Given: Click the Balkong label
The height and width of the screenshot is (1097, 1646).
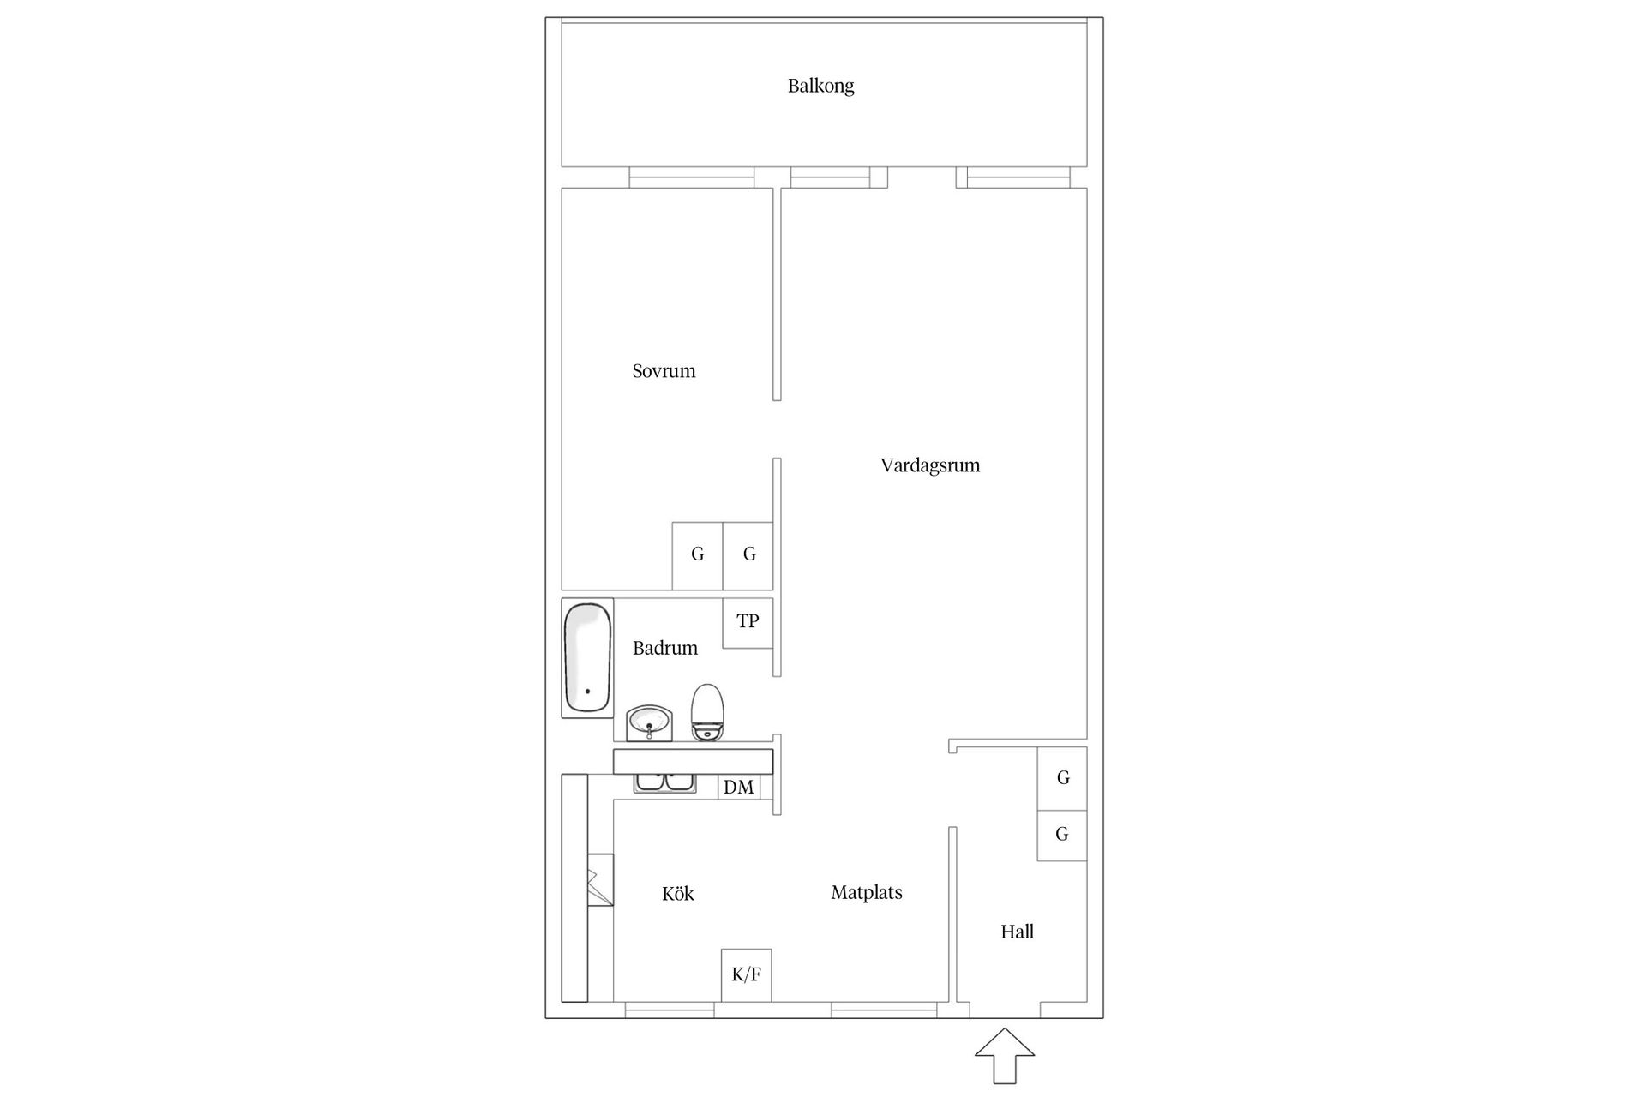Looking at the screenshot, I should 820,86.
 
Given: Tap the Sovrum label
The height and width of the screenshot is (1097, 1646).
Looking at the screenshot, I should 664,371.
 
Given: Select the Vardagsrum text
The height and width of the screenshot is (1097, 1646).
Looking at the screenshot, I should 929,465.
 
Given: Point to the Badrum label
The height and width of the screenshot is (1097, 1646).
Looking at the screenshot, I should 664,648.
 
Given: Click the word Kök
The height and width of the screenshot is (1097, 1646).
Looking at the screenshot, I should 677,894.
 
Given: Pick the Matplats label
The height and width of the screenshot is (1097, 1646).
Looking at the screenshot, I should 866,892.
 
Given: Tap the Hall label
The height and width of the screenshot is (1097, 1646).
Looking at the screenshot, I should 1017,932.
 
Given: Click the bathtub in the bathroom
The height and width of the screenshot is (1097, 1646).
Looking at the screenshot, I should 587,657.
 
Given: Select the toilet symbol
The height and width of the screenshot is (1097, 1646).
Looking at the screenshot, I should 707,711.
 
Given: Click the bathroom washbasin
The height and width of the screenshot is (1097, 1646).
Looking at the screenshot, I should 648,722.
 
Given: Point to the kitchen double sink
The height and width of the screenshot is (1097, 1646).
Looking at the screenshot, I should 664,782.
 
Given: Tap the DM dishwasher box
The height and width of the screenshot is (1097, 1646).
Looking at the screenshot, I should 738,787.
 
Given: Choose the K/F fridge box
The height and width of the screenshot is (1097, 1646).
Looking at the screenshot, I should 746,974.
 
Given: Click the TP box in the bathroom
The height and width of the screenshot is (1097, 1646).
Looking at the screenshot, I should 748,621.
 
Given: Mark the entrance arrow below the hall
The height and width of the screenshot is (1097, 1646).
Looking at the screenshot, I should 1004,1055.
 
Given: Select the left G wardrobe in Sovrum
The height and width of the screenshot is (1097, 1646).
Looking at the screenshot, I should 697,555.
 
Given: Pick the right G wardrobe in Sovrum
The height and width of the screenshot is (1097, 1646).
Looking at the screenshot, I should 748,555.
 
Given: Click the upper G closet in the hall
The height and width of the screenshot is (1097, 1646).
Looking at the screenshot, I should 1062,777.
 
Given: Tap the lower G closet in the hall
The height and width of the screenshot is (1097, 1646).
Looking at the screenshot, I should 1062,834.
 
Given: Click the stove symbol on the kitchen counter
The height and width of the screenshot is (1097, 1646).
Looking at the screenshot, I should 601,879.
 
